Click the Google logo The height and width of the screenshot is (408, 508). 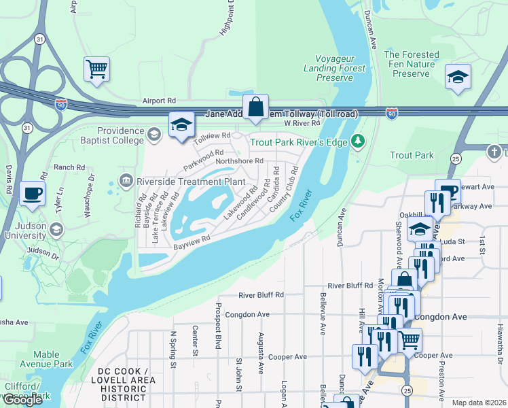point(22,400)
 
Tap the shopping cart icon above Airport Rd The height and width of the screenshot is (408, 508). point(96,68)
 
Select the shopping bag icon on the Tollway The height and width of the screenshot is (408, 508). point(255,107)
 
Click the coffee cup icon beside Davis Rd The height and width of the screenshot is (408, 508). point(32,194)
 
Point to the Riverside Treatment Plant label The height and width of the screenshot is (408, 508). point(190,182)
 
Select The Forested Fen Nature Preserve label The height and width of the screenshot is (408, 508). point(411,64)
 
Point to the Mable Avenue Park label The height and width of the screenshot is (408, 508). point(53,359)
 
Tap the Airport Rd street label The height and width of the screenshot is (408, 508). point(159,101)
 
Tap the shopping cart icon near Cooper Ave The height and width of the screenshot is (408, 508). point(410,340)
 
